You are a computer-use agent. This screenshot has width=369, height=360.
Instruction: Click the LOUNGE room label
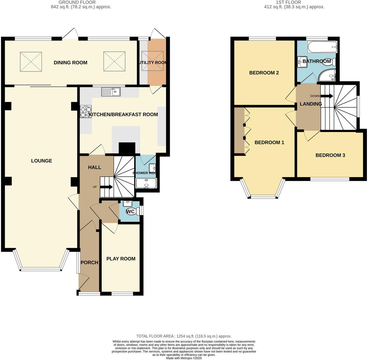pyautogui.click(x=42, y=161)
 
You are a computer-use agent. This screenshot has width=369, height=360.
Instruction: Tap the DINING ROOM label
pyautogui.click(x=70, y=63)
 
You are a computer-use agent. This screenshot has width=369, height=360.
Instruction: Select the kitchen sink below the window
pyautogui.click(x=111, y=92)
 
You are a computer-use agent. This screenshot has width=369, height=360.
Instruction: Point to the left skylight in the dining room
pyautogui.click(x=31, y=62)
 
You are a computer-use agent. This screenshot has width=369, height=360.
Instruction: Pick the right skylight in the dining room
pyautogui.click(x=114, y=62)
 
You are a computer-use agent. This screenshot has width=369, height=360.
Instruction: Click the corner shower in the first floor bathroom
pyautogui.click(x=327, y=76)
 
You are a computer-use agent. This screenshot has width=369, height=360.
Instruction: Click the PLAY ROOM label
pyautogui.click(x=121, y=259)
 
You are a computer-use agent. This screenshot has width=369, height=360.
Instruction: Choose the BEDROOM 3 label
pyautogui.click(x=330, y=155)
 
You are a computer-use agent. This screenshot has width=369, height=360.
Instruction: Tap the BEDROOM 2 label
pyautogui.click(x=264, y=73)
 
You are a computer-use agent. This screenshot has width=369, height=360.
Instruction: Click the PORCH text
pyautogui.click(x=89, y=263)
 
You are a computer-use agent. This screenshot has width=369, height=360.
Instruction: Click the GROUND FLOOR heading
pyautogui.click(x=77, y=2)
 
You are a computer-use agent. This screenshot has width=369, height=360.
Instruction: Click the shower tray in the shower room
pyautogui.click(x=146, y=183)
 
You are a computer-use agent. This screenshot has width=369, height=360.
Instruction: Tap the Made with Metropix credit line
pyautogui.click(x=184, y=358)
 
